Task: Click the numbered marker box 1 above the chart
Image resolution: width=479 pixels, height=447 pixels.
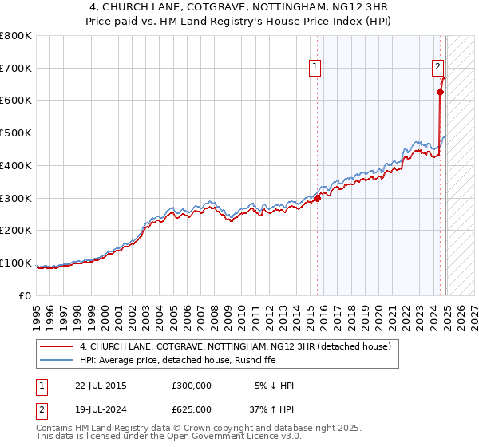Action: click(x=317, y=68)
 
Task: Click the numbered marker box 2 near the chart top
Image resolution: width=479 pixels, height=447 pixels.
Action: click(x=439, y=68)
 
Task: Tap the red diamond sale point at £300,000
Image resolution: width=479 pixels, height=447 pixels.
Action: click(x=317, y=198)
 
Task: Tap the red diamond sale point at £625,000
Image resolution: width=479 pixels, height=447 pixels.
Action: click(x=440, y=92)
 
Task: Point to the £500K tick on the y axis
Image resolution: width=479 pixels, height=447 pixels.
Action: click(x=18, y=133)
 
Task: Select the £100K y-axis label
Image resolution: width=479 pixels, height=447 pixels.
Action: click(x=18, y=263)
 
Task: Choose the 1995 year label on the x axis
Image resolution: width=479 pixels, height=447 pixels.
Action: click(x=37, y=310)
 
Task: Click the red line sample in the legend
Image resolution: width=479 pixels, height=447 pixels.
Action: click(x=57, y=346)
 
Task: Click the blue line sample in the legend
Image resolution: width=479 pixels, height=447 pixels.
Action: click(x=57, y=360)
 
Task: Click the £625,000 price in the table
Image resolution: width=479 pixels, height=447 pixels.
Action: click(x=191, y=408)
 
